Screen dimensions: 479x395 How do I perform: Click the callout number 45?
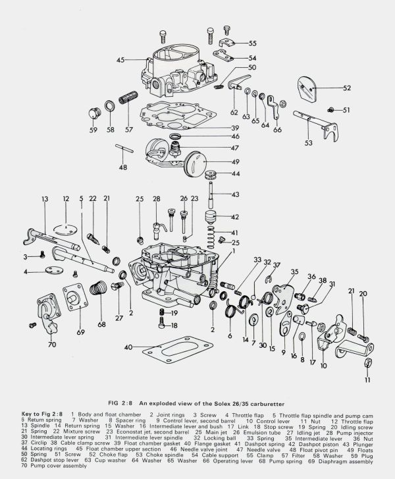120,61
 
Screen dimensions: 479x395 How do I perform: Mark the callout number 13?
45,198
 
